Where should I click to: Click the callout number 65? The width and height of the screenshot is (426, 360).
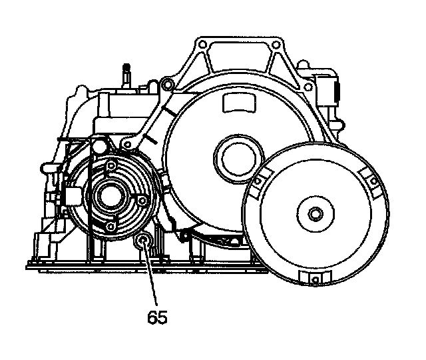pyautogui.click(x=157, y=317)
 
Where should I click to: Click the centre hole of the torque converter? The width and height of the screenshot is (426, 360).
pyautogui.click(x=315, y=215)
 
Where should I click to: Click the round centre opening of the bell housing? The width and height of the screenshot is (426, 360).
pyautogui.click(x=234, y=157)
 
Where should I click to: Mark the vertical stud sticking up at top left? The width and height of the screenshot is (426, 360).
pyautogui.click(x=125, y=74)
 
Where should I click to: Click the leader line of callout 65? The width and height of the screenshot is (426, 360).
pyautogui.click(x=150, y=280)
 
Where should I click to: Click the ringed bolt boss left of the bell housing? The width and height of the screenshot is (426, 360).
pyautogui.click(x=166, y=84)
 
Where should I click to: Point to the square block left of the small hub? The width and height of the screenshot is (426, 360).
pyautogui.click(x=72, y=195)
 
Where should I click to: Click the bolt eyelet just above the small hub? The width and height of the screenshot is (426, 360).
pyautogui.click(x=100, y=145)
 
